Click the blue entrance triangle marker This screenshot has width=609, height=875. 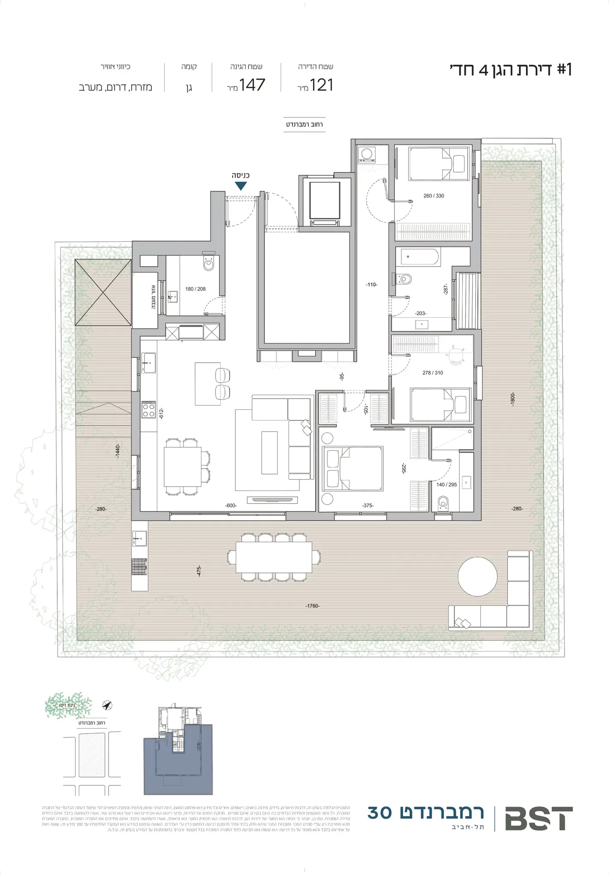(241, 186)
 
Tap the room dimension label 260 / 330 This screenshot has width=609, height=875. (434, 196)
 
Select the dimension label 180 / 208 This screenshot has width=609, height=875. (195, 289)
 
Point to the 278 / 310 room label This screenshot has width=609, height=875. (433, 373)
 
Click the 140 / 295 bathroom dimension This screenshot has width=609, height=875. (446, 485)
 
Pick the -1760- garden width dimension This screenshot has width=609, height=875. (313, 606)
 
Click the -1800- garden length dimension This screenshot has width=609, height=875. (513, 399)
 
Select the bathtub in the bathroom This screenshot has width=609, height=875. (417, 258)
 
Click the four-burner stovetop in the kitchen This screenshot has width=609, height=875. (148, 410)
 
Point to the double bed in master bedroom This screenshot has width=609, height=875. (353, 469)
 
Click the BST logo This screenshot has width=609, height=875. (538, 819)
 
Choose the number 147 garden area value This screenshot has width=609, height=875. (252, 85)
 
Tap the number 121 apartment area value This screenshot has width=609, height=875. (322, 85)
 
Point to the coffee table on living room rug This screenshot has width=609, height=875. (269, 452)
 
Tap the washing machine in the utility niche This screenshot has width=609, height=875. (366, 154)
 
